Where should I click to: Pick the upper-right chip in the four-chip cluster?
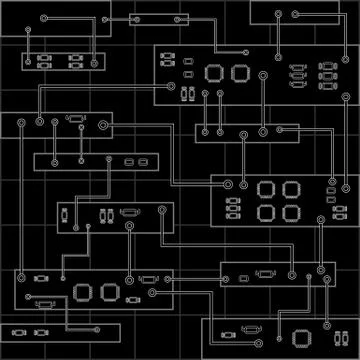pyautogui.click(x=291, y=188)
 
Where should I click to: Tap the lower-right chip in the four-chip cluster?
pyautogui.click(x=291, y=212)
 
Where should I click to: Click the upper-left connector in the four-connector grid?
pyautogui.click(x=44, y=58)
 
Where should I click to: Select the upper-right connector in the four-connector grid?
pyautogui.click(x=75, y=58)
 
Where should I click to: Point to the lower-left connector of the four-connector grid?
pyautogui.click(x=44, y=67)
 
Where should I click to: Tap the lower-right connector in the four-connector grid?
pyautogui.click(x=75, y=67)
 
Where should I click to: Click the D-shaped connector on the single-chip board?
pyautogui.click(x=253, y=328)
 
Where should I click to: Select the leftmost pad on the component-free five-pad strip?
pyautogui.click(x=203, y=130)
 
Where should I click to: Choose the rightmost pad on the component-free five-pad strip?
pyautogui.click(x=283, y=130)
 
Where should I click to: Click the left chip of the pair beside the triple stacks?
pyautogui.click(x=214, y=73)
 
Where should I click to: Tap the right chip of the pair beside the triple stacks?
pyautogui.click(x=239, y=73)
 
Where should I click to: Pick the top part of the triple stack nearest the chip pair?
pyautogui.click(x=294, y=67)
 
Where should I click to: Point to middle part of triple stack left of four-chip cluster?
pyautogui.click(x=232, y=207)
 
